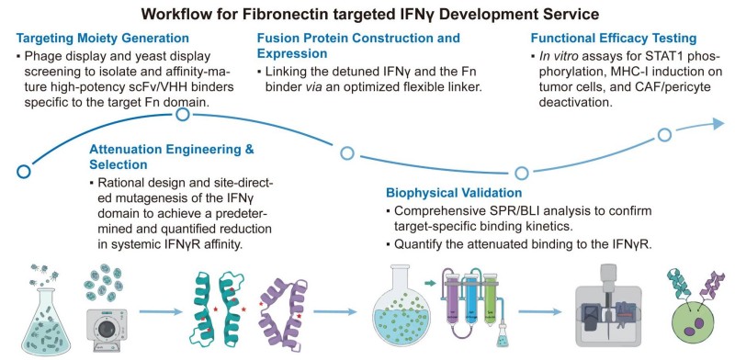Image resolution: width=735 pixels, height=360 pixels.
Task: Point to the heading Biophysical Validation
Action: coord(452,194)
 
